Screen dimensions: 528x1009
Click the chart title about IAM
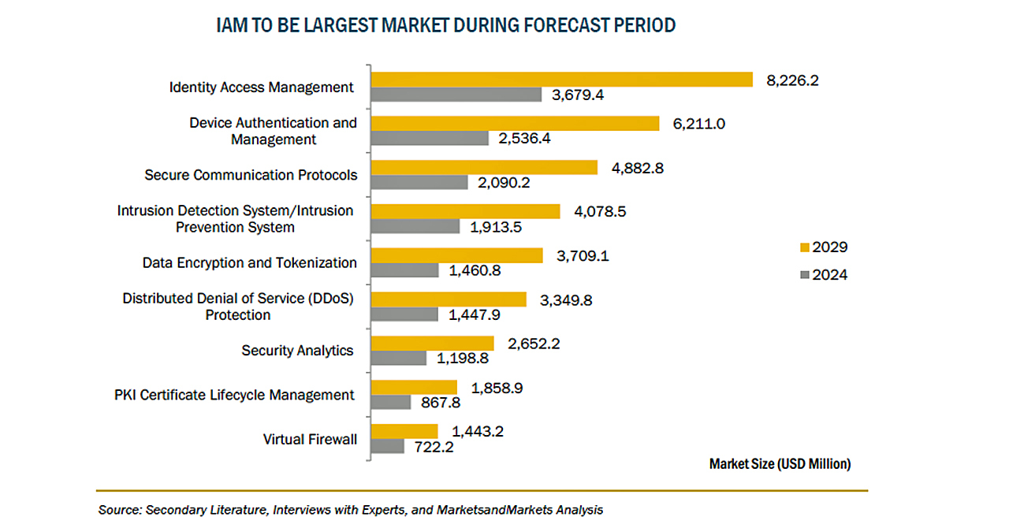(x=446, y=25)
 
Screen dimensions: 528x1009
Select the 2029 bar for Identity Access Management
(x=562, y=80)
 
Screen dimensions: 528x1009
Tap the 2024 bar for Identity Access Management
(x=456, y=95)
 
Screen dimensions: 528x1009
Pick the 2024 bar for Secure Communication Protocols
(x=419, y=182)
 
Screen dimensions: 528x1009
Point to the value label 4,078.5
(x=599, y=211)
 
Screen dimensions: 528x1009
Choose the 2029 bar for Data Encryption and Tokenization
(x=456, y=255)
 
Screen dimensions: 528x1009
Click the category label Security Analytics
(x=297, y=351)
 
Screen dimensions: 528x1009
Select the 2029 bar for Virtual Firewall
(x=404, y=431)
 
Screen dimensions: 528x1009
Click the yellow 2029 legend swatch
(x=805, y=247)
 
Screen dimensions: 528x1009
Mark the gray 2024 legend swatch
(x=805, y=276)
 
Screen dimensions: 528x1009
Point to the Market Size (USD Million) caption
(x=780, y=464)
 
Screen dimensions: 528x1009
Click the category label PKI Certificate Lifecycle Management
(x=234, y=395)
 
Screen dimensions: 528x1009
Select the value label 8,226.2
(x=792, y=80)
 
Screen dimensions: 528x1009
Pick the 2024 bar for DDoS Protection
(x=404, y=314)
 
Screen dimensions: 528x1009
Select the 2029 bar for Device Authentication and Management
(x=515, y=124)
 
